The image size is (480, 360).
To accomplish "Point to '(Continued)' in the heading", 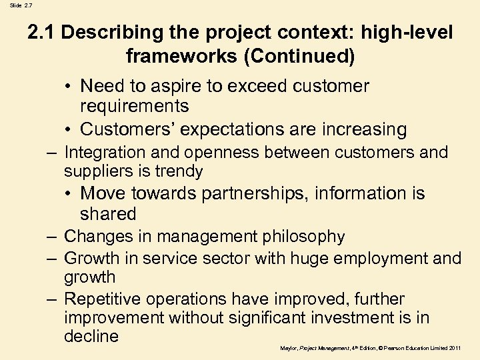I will tap(299, 56).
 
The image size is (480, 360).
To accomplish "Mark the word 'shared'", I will tap(108, 214).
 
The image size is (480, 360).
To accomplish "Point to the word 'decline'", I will tap(91, 337).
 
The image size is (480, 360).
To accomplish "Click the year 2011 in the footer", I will tap(454, 347).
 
